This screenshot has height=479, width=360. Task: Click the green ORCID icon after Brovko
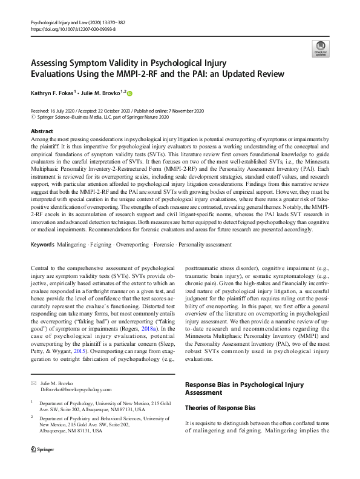129,93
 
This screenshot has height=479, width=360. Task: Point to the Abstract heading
41,131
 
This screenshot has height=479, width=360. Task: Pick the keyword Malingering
73,245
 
